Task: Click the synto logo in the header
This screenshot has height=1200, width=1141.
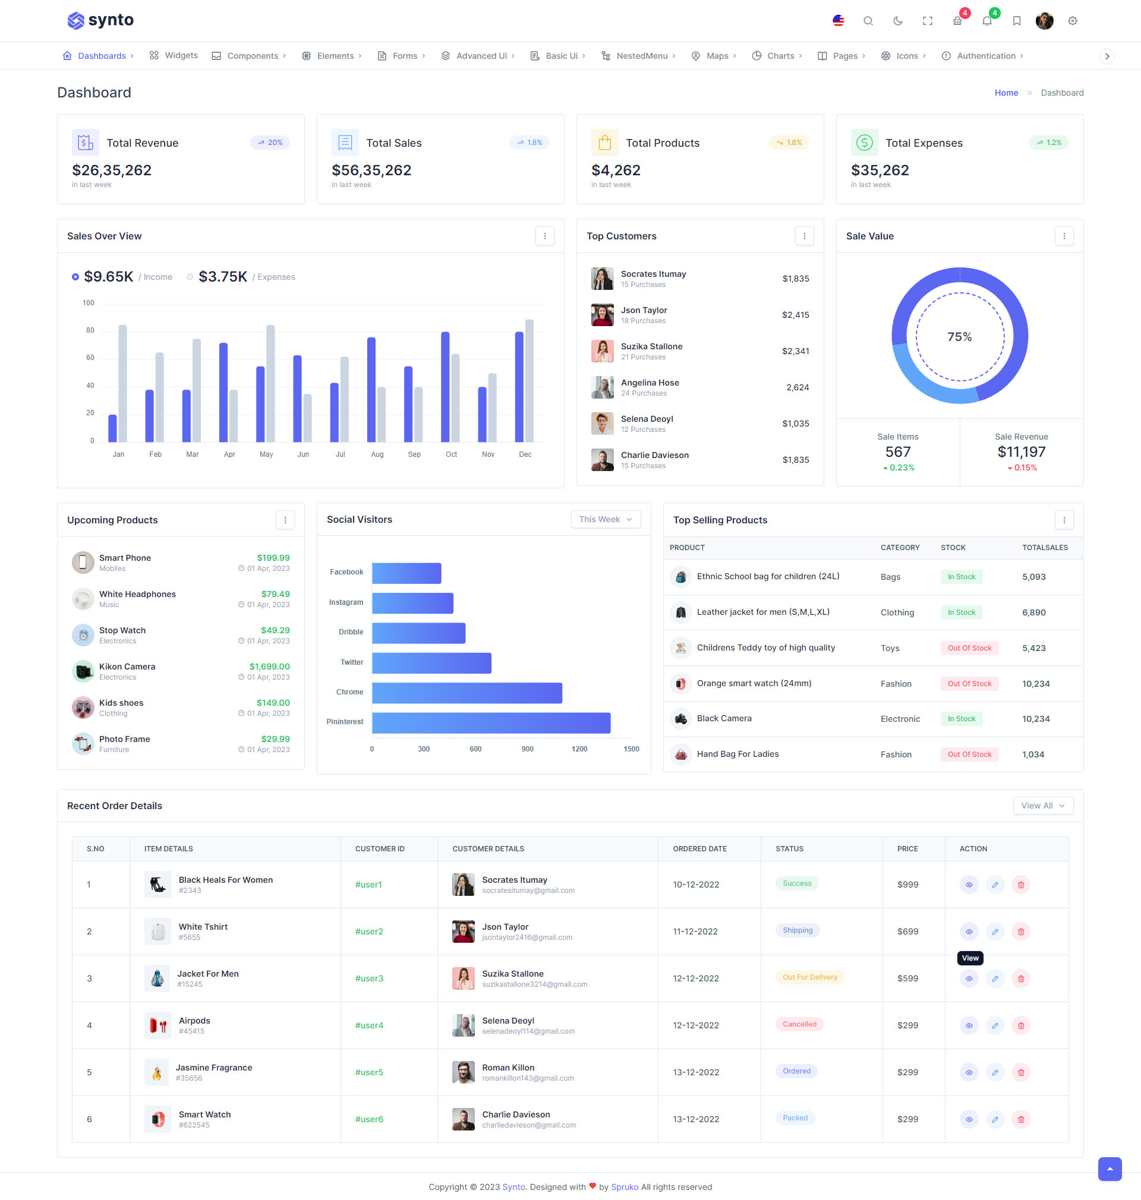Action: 100,21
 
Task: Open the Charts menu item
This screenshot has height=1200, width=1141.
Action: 780,56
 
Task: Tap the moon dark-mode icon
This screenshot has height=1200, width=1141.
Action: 898,21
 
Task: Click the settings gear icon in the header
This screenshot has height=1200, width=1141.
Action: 1072,21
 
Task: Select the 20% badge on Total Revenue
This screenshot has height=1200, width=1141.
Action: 270,143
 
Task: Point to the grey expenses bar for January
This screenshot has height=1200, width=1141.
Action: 123,383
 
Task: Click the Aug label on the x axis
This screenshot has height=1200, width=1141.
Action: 377,454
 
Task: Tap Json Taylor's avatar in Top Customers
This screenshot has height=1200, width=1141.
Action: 602,315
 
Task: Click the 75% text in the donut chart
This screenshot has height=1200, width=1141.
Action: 959,337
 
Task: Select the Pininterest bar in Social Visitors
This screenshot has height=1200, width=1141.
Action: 491,723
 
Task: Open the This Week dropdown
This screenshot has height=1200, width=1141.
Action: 605,519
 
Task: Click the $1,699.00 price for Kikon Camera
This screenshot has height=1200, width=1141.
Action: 269,667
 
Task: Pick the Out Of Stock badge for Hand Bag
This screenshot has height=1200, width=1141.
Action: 969,754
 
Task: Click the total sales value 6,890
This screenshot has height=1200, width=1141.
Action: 1033,612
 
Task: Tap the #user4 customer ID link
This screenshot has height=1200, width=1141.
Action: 369,1025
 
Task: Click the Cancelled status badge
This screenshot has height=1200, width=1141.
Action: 799,1024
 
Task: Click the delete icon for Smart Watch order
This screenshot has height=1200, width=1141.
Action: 1020,1119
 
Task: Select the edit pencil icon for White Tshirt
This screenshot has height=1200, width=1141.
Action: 994,931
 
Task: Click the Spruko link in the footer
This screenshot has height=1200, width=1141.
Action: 625,1186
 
